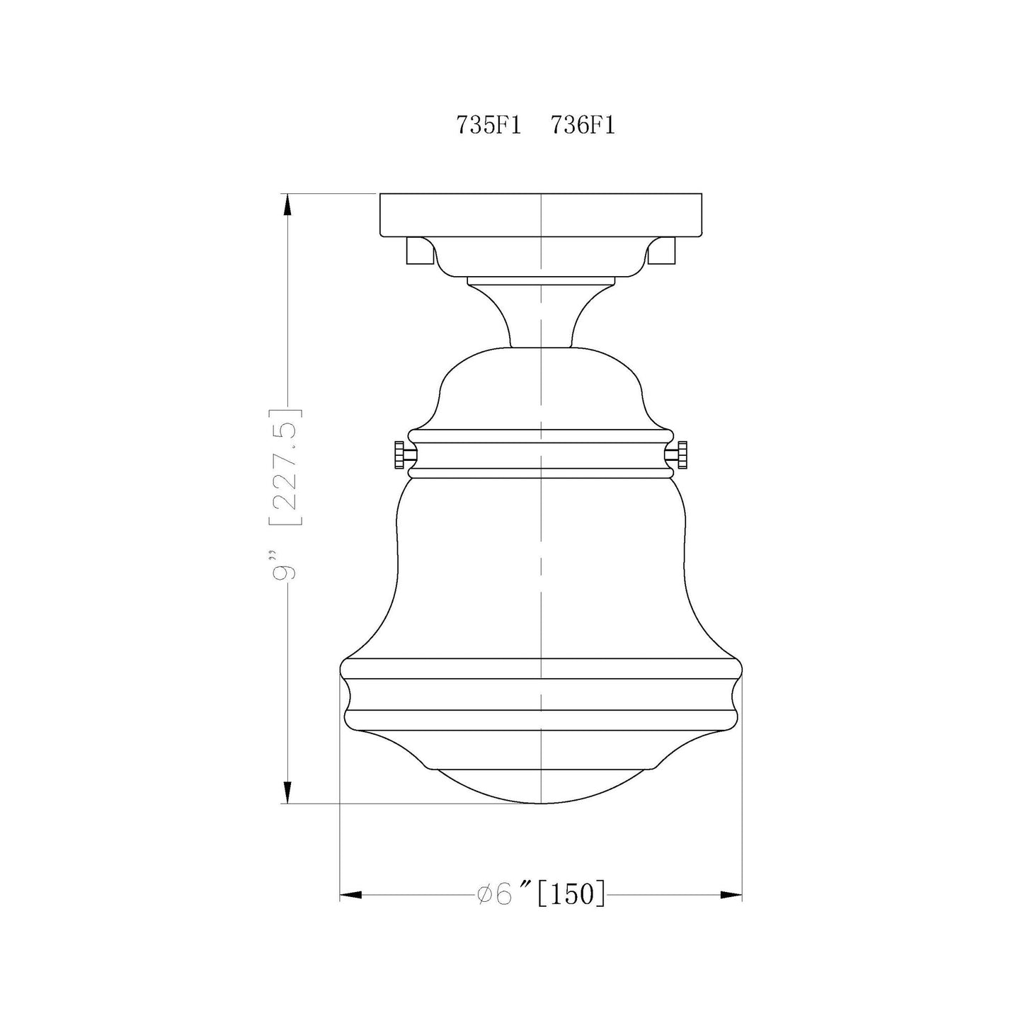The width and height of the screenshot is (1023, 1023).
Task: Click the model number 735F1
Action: point(488,126)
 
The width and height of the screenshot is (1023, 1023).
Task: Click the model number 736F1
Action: point(583,126)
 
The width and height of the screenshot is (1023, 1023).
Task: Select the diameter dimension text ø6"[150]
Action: point(541,894)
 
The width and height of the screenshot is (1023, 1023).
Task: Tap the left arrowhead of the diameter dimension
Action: point(351,895)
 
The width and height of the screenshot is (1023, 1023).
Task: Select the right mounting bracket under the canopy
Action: point(663,251)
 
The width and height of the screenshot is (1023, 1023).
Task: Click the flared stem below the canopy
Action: point(541,315)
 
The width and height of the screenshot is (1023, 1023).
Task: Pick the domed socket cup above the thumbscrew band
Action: point(541,389)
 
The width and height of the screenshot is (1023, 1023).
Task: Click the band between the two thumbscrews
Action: point(541,455)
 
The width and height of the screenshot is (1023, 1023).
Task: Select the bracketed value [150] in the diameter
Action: point(571,894)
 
